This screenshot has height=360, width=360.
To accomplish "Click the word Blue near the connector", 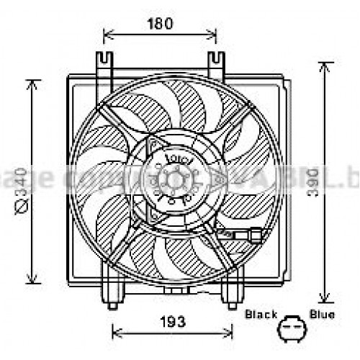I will click(321, 315).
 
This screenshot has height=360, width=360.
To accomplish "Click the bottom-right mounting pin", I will click(231, 303).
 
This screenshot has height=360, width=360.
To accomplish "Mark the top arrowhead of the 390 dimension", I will click(326, 66).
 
